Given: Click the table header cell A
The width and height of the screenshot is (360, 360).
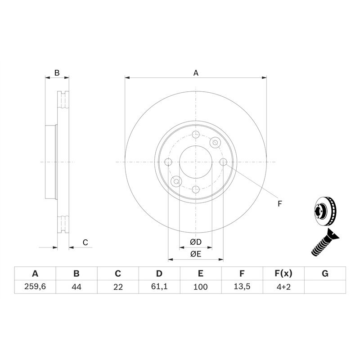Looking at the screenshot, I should (35, 274).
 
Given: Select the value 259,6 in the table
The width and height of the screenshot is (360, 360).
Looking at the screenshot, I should (35, 287).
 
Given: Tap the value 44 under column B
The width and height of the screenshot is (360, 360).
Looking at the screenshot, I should (76, 287).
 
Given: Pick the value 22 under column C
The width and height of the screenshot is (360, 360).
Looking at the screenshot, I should (118, 287).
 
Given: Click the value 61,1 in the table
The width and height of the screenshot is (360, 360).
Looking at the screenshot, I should (159, 287).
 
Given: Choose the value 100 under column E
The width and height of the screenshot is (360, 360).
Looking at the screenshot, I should (201, 287).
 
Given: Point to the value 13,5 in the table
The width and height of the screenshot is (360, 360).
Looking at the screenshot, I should (242, 287).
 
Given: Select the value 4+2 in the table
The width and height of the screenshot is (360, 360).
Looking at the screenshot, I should (283, 287).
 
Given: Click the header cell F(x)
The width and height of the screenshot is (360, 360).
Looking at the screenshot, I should (283, 274).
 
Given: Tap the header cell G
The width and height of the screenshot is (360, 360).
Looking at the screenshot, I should (325, 274).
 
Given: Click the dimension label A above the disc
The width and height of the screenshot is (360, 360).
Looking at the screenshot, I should (196, 72).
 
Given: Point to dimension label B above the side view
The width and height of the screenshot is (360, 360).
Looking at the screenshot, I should (57, 72).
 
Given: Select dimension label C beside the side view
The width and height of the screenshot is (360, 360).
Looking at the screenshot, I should (85, 243).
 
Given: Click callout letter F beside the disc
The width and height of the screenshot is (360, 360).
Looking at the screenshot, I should (279, 204).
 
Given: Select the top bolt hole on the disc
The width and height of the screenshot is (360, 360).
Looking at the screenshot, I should (196, 135).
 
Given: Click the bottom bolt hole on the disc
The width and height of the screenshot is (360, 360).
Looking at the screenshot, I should (196, 189).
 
